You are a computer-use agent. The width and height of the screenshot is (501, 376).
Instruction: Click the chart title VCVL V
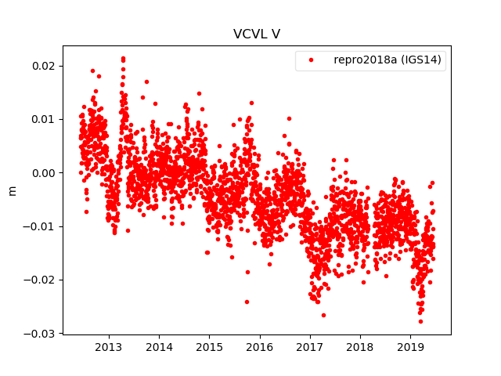(x=256, y=34)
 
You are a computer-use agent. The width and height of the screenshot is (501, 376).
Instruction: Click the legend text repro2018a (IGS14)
(x=389, y=60)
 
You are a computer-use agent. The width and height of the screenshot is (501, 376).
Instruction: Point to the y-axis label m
(x=12, y=190)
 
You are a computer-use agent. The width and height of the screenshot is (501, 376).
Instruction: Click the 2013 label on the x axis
(x=108, y=346)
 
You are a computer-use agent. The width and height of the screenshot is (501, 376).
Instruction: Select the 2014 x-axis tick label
(x=159, y=346)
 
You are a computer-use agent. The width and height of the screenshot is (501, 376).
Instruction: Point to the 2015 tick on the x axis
(x=209, y=346)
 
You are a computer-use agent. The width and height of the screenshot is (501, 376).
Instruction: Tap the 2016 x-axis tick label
(x=259, y=346)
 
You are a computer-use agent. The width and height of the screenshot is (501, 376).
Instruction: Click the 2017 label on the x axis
(x=310, y=346)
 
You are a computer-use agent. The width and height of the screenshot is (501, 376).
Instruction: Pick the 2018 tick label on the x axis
(x=360, y=346)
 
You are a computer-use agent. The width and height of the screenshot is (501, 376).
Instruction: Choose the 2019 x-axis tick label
(x=410, y=346)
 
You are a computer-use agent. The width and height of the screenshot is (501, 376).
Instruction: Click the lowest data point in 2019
(x=420, y=321)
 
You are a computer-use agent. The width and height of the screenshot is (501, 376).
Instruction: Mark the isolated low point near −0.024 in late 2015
(x=247, y=302)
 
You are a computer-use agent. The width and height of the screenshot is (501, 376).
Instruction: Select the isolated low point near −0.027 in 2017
(x=323, y=315)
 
